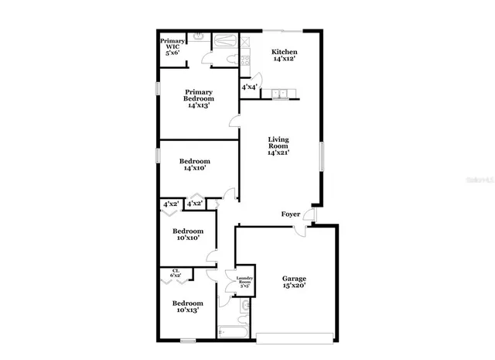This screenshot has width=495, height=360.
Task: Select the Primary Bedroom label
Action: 199,98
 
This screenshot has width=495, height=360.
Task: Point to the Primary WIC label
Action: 171,46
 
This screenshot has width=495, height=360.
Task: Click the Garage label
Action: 293,282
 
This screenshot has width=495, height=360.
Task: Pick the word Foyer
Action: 290,214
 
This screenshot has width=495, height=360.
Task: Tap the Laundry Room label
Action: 244,282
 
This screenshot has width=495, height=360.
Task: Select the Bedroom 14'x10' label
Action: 195,166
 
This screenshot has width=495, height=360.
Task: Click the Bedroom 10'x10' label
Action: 188,235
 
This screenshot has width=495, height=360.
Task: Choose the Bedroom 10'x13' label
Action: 188,307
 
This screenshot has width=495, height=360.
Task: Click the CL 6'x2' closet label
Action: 176,273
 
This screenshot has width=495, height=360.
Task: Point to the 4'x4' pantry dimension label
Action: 249,87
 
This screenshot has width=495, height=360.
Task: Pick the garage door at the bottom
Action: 296,337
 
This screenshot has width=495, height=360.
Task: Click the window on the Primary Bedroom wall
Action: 158,88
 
